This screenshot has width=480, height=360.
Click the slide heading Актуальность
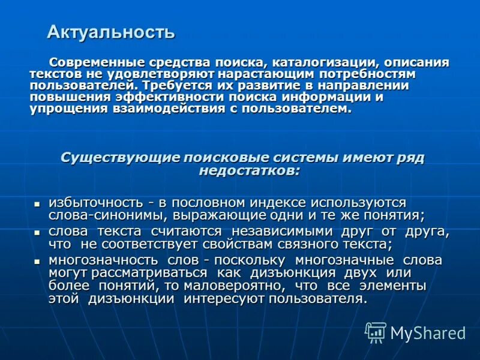tap(111, 32)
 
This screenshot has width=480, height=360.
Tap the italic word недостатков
tap(248, 170)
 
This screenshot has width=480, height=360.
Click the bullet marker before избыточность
tap(37, 204)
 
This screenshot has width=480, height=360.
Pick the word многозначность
tap(100, 260)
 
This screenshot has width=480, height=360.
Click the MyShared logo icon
tap(376, 332)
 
